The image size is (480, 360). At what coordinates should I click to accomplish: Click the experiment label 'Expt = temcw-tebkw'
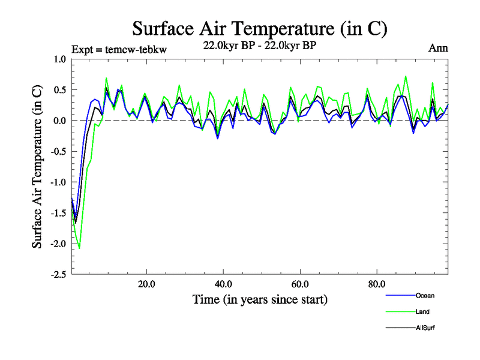[x=118, y=49]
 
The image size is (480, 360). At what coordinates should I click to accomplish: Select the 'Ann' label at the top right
[x=439, y=48]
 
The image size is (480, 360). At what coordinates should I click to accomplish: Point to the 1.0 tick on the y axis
[x=60, y=59]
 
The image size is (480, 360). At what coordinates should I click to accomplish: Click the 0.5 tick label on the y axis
[x=60, y=90]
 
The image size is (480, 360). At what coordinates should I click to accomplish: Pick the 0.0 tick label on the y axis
[x=60, y=121]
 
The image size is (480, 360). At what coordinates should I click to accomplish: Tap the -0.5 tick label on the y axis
[x=58, y=151]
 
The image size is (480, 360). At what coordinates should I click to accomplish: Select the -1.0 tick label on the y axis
[x=58, y=182]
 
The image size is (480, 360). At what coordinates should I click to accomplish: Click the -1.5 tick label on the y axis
[x=58, y=213]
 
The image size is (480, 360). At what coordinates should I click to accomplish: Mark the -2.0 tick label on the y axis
[x=58, y=244]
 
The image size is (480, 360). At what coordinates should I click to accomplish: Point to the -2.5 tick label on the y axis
[x=58, y=274]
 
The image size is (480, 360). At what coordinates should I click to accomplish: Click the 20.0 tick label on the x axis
[x=146, y=284]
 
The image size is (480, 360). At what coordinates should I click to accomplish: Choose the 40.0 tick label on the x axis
[x=223, y=284]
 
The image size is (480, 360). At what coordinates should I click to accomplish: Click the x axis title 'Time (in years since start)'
[x=260, y=299]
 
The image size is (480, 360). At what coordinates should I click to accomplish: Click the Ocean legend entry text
[x=425, y=295]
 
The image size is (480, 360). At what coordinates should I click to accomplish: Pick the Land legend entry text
[x=422, y=311]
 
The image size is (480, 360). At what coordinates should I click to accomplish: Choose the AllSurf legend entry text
[x=425, y=328]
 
